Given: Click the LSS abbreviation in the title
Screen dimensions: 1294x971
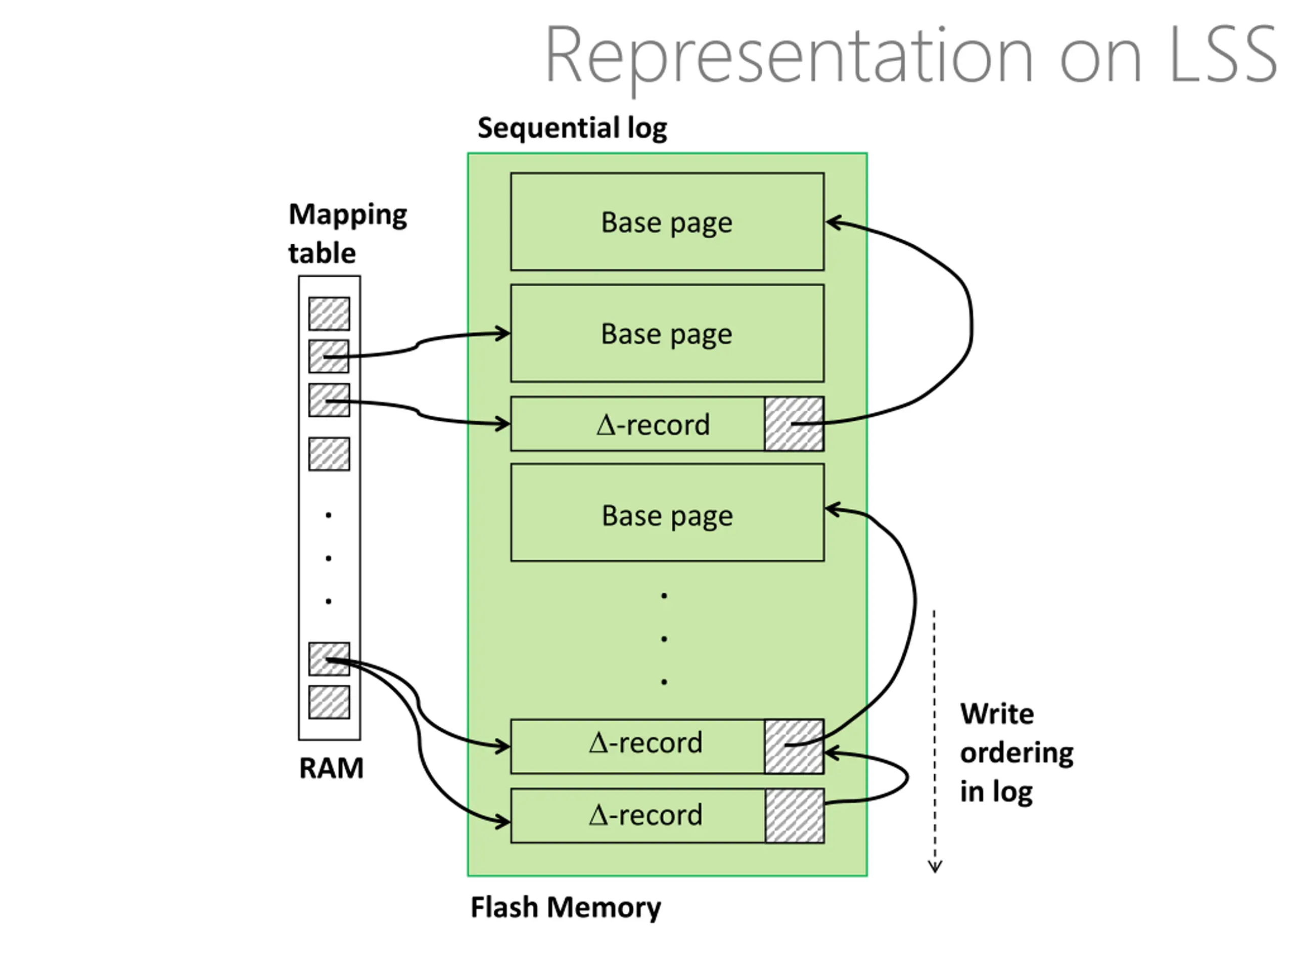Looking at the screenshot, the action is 1223,55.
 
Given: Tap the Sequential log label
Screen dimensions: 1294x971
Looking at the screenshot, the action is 572,128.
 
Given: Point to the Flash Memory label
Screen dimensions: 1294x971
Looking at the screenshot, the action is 566,908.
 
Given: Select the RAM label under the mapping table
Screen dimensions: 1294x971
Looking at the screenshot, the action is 331,768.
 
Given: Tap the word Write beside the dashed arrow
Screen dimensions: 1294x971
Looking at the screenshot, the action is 997,714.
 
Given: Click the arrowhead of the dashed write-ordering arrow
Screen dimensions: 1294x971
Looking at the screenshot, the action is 935,866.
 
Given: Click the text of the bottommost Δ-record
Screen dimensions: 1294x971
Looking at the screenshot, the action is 645,815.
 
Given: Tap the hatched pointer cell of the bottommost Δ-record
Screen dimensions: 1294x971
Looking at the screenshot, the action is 795,816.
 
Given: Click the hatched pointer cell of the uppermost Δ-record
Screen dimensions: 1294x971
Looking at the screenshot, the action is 795,424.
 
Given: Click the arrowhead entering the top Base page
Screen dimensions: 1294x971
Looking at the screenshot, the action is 833,223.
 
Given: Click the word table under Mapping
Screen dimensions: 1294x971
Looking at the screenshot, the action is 322,253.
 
